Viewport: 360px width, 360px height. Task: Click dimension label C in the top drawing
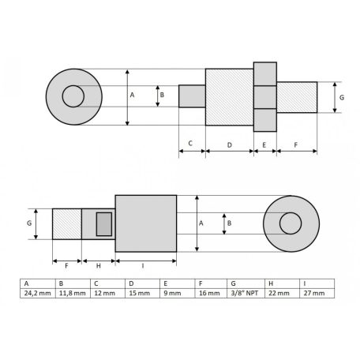coord(191,144)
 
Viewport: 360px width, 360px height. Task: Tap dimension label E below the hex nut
coord(264,144)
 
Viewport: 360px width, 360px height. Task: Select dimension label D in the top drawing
coord(229,144)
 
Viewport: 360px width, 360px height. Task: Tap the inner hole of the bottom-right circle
coord(290,223)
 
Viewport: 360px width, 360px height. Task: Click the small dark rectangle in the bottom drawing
coord(103,223)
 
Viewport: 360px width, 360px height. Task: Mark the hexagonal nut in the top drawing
coord(264,96)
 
